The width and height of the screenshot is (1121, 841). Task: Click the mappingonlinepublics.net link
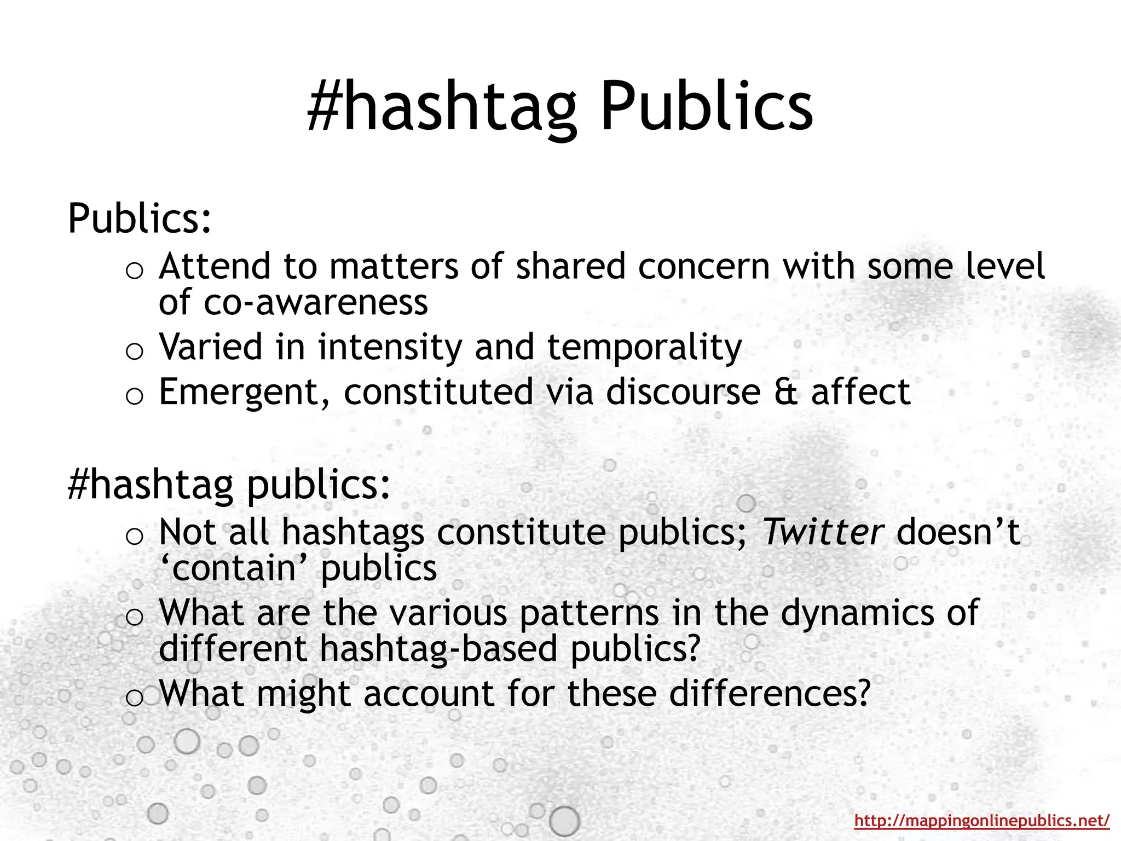(x=981, y=820)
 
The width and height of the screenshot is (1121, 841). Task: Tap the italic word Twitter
(x=822, y=532)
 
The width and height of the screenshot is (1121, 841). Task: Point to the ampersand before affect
(x=785, y=392)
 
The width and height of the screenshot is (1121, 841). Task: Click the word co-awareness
(x=315, y=302)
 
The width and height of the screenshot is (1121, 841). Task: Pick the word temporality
(x=644, y=348)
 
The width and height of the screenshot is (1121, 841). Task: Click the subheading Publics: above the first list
(x=140, y=218)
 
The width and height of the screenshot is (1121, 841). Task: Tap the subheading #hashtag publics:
(x=229, y=485)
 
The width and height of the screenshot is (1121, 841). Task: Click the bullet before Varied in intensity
(x=134, y=351)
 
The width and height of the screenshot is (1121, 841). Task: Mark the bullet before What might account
(x=134, y=697)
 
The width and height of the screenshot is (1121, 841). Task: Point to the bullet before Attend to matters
(x=134, y=270)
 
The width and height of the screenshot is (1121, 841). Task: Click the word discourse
(x=683, y=392)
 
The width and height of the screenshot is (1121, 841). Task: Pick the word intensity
(x=390, y=348)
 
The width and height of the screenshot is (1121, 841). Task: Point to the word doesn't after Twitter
(x=958, y=532)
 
